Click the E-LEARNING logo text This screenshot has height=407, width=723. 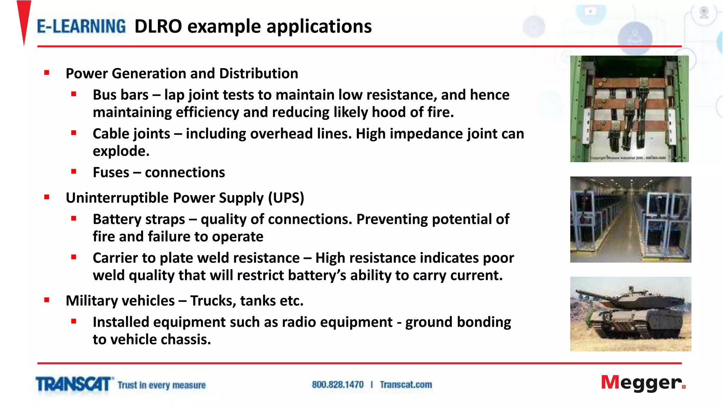coord(81,27)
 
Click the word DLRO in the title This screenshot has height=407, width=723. coord(158,27)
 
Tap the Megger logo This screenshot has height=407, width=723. coord(643,383)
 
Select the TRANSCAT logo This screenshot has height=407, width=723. coord(73,384)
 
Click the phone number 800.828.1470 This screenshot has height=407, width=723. coord(337,385)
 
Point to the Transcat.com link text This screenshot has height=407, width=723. coord(406,385)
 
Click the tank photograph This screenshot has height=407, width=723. coord(631,314)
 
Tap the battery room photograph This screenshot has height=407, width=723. coord(631,219)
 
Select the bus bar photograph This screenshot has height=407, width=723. coord(629,109)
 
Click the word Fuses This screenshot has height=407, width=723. coord(111,173)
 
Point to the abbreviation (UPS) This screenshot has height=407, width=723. coord(286,198)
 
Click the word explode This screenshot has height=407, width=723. coord(121,151)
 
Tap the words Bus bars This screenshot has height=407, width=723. coord(120,95)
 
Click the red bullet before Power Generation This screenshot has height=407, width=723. coord(47,73)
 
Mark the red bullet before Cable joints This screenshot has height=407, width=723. coord(74,133)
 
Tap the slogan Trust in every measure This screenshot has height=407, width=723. coord(161,385)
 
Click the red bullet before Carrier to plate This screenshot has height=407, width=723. coord(74,257)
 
